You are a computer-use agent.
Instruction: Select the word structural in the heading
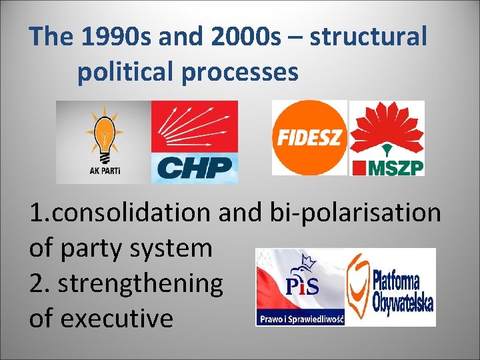tap(367, 37)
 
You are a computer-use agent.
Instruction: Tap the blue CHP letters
tap(195, 167)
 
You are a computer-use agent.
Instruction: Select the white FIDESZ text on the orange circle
tap(309, 138)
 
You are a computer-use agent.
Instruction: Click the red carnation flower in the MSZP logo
tap(387, 127)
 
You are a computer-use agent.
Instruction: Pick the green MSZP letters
tap(397, 166)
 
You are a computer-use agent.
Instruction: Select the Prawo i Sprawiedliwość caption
tap(300, 319)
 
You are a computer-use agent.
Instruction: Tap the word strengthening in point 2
tap(141, 283)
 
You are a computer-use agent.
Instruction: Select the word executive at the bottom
tap(117, 319)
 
